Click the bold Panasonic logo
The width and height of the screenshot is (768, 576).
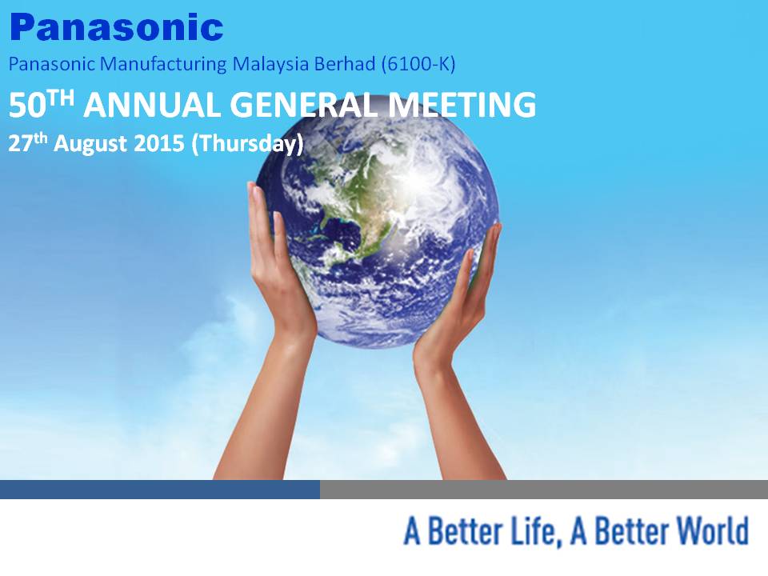(x=117, y=27)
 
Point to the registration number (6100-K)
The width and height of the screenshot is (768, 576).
(x=418, y=65)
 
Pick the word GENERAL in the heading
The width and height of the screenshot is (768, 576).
(x=304, y=105)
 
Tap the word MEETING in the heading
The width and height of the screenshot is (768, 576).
(x=462, y=105)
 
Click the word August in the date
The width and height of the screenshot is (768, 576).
(x=90, y=144)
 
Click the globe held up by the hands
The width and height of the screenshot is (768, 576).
(x=377, y=226)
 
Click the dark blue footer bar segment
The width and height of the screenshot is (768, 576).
(x=160, y=490)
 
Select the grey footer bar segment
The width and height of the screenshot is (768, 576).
(x=544, y=490)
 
